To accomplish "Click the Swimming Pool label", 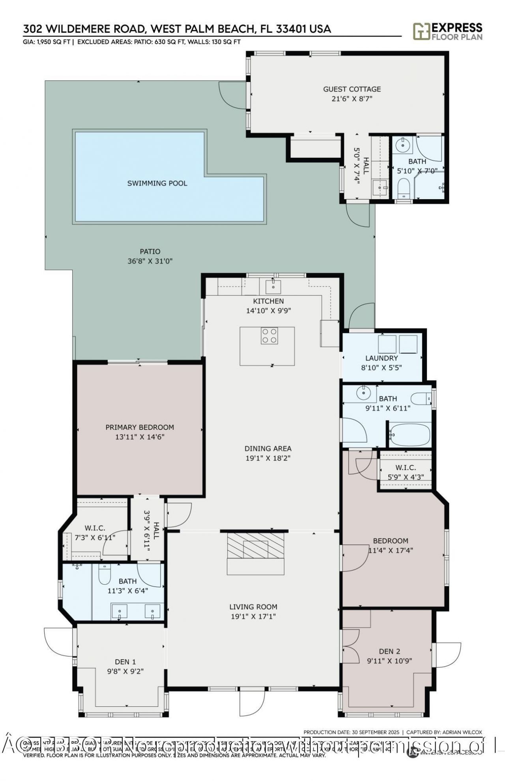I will pos(157,183).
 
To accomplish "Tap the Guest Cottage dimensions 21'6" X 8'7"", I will pos(352,99).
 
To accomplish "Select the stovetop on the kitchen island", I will pos(269,336).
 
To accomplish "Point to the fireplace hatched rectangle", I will pos(255,546).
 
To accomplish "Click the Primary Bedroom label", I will pos(140,427).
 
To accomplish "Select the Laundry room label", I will pos(382,358).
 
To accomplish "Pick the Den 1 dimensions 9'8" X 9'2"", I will pos(125,671).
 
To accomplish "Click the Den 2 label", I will pos(389,651).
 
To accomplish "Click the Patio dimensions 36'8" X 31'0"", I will pos(150,261).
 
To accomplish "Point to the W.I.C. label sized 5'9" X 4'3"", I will pos(405,467).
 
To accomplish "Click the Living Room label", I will pos(253,607).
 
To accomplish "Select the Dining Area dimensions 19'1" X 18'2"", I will pos(268,458).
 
